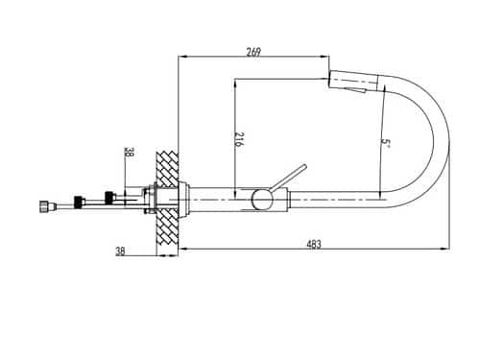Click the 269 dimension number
pyautogui.click(x=253, y=52)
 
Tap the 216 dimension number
pyautogui.click(x=239, y=139)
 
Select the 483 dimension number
pyautogui.click(x=314, y=244)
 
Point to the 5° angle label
pyautogui.click(x=385, y=144)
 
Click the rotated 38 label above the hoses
pyautogui.click(x=130, y=152)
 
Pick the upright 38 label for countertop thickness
pyautogui.click(x=120, y=252)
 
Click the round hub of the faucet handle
pyautogui.click(x=262, y=200)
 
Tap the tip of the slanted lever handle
pyautogui.click(x=305, y=166)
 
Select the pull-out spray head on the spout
pyautogui.click(x=353, y=81)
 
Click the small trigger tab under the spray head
pyautogui.click(x=356, y=90)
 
